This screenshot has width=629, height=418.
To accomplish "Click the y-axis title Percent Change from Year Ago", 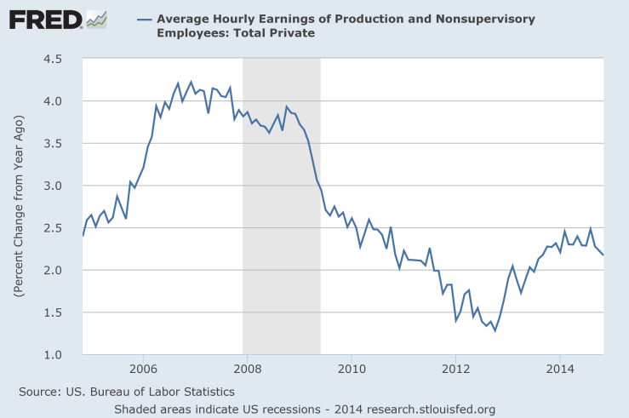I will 19,206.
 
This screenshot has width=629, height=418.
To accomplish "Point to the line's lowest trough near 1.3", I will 495,329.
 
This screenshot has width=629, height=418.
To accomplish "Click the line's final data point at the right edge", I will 603,255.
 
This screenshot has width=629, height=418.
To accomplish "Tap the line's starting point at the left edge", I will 83,235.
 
